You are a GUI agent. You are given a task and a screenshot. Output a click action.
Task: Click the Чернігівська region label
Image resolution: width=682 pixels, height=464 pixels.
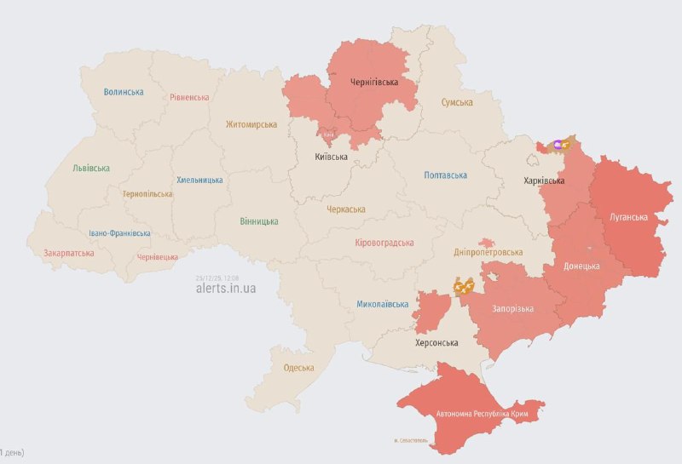374,83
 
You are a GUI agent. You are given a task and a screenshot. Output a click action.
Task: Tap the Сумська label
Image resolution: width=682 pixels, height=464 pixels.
457,102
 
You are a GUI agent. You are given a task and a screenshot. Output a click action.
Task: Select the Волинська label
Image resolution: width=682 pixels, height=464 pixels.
124,92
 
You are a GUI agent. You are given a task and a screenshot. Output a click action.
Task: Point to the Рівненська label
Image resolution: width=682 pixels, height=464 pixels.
189,97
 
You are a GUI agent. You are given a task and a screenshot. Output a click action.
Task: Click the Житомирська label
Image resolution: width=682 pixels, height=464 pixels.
251,124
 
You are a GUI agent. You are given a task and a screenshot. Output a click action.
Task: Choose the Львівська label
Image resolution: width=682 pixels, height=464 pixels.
91,168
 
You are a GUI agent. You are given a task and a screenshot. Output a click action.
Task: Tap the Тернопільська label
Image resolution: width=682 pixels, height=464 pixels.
147,194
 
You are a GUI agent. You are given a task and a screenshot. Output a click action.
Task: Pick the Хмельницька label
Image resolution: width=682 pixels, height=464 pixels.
199,180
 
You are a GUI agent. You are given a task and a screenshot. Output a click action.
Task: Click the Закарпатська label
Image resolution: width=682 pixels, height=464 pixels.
69,253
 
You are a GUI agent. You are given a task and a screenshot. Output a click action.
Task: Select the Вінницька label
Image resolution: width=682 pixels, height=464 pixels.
259,221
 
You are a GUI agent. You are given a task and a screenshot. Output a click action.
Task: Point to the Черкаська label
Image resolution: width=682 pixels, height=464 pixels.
346,209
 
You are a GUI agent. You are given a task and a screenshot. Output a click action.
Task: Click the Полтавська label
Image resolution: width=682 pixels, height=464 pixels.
446,175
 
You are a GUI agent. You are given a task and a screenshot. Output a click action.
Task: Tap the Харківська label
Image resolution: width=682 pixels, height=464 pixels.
544,180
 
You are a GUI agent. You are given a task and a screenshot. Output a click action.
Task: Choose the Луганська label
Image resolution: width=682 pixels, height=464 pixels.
628,217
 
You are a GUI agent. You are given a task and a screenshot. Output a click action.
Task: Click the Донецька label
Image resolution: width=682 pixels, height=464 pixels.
582,266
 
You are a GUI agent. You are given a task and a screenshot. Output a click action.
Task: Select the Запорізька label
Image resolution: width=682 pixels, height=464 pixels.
512,308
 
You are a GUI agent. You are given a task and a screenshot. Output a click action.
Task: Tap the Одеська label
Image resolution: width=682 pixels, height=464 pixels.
298,368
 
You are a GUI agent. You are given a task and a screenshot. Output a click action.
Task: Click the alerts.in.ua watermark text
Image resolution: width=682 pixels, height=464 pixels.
226,289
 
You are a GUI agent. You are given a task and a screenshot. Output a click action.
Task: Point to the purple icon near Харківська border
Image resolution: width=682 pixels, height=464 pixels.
558,145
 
